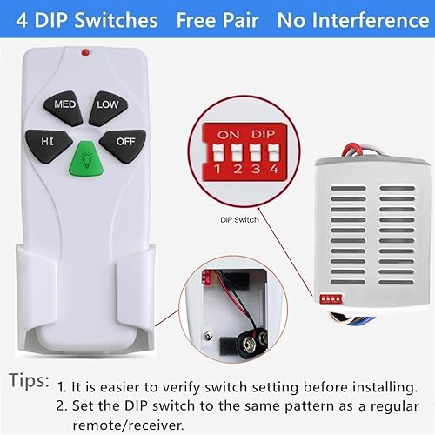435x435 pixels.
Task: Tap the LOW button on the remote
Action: (x=109, y=104)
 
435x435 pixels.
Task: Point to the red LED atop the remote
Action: (x=84, y=53)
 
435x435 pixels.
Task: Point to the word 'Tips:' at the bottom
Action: (x=29, y=379)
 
